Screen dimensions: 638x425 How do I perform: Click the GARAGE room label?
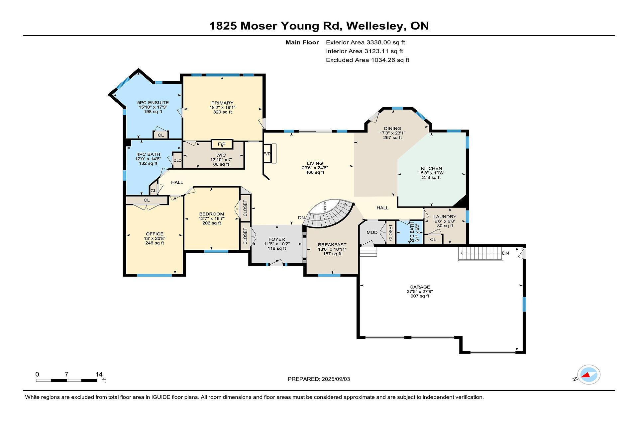[x=420, y=287]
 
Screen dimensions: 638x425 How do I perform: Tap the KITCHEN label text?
[x=431, y=168]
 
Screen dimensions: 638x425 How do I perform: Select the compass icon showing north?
[x=588, y=375]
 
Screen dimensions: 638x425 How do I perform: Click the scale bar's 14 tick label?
[x=99, y=374]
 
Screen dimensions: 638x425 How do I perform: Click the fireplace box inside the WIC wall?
[x=222, y=144]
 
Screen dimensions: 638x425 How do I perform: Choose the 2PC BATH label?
[x=412, y=233]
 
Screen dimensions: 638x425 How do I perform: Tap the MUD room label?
[x=372, y=232]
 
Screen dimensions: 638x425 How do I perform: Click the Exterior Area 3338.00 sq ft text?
[x=365, y=42]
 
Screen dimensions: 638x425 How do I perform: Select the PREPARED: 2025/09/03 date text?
[x=319, y=379]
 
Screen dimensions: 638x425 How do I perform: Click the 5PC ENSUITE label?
[x=153, y=103]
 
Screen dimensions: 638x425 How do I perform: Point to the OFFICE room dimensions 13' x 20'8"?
[x=155, y=238]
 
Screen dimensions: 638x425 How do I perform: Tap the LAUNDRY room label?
[x=445, y=216]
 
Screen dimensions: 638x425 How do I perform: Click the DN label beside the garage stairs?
[x=505, y=253]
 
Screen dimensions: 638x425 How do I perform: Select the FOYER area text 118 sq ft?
[x=277, y=248]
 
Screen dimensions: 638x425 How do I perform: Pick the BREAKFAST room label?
[x=332, y=245]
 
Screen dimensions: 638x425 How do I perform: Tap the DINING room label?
[x=392, y=128]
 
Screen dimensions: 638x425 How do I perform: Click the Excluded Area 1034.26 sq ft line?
[x=368, y=60]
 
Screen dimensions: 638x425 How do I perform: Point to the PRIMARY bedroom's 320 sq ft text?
[x=222, y=112]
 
